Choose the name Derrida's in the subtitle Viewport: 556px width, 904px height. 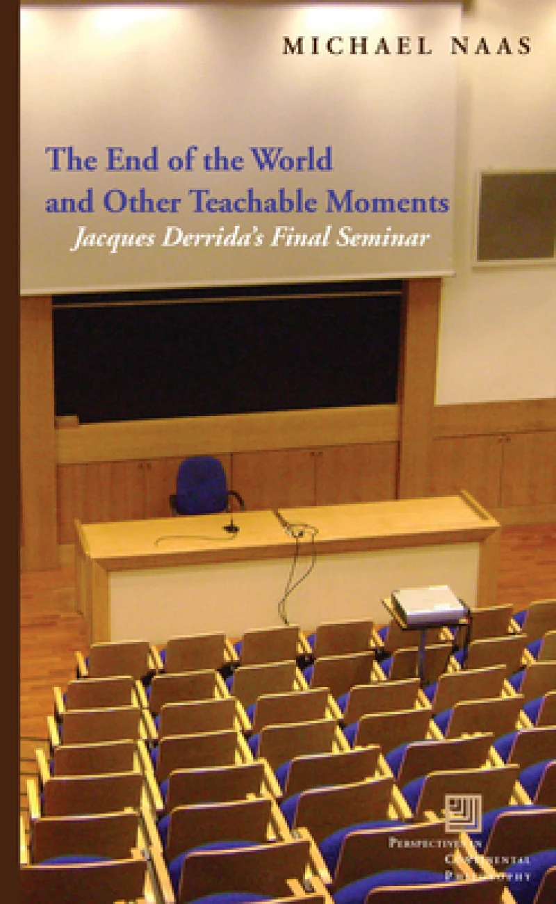[199, 239]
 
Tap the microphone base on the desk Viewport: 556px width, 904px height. [231, 528]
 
